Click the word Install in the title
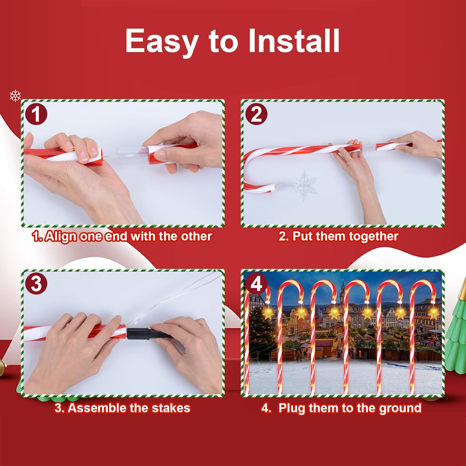coord(294,41)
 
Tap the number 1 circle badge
coord(37,114)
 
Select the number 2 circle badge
coord(256,114)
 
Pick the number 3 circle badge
coord(37,284)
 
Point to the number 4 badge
coord(256,283)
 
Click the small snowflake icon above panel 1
coord(15,96)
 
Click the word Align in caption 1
coord(61,236)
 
